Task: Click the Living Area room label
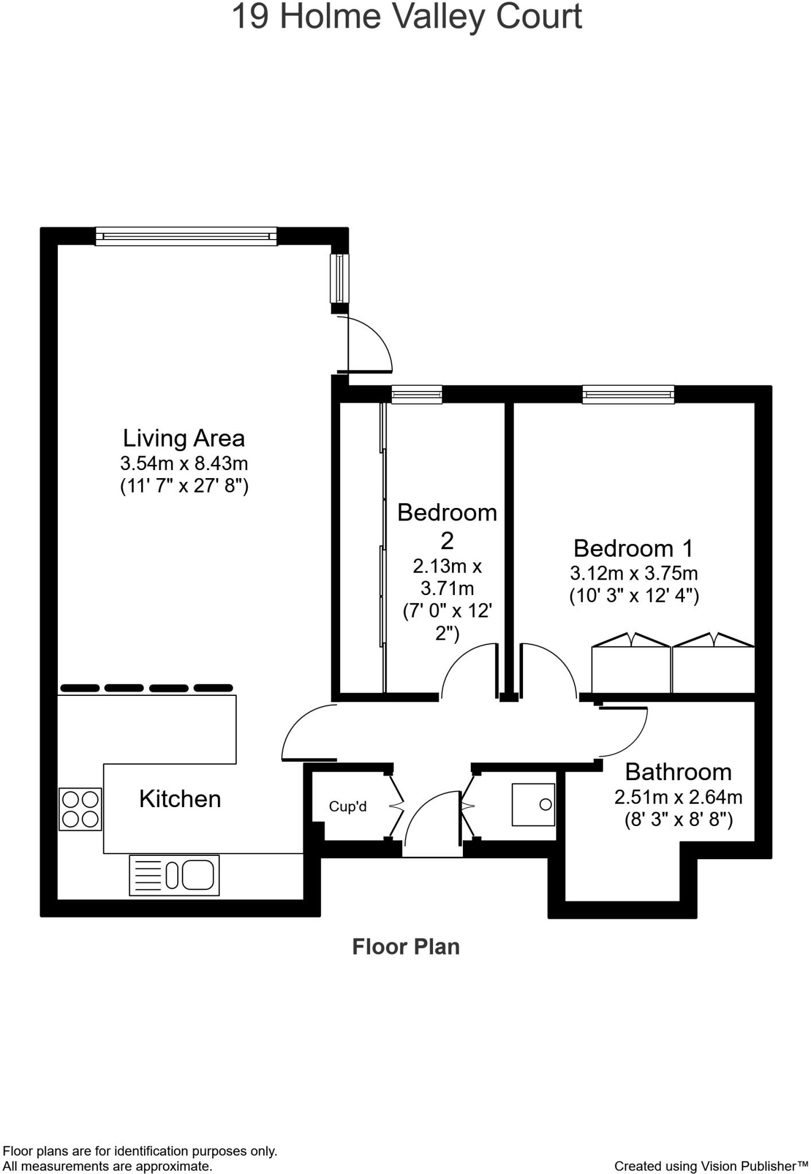[x=184, y=439]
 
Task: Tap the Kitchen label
[x=180, y=799]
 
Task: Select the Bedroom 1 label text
[x=633, y=549]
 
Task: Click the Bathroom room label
[x=678, y=772]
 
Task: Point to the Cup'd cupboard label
[x=348, y=807]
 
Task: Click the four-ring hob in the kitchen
[x=80, y=809]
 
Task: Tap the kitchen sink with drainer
[x=174, y=875]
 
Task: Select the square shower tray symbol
[x=533, y=805]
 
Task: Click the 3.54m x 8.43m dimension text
[x=184, y=463]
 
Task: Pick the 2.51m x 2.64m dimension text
[x=678, y=797]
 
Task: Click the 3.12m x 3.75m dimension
[x=633, y=573]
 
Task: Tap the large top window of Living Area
[x=186, y=236]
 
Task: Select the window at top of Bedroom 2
[x=416, y=394]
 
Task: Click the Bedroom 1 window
[x=628, y=394]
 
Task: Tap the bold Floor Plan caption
[x=405, y=947]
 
